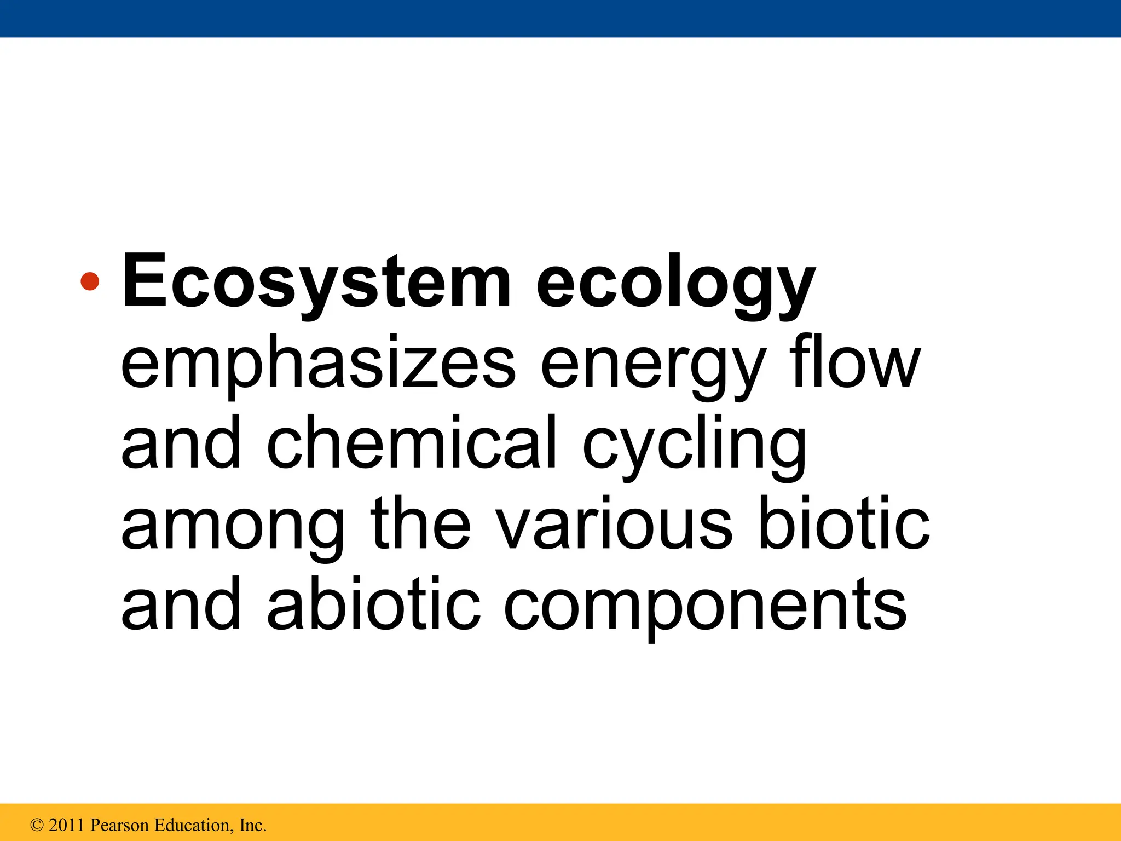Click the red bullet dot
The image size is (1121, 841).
(90, 282)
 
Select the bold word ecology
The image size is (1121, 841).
(675, 285)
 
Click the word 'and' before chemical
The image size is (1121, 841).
(181, 442)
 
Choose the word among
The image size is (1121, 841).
(233, 525)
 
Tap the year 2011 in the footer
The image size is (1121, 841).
(66, 825)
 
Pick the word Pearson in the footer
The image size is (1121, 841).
(119, 825)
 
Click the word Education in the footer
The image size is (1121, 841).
(194, 825)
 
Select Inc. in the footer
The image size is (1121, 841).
(253, 825)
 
